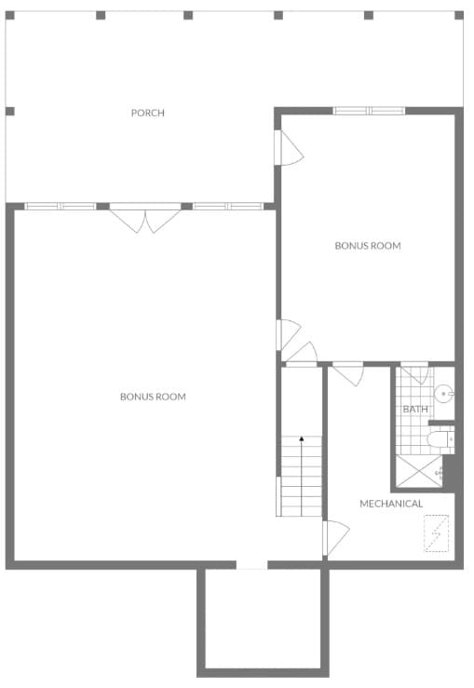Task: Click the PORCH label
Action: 147,113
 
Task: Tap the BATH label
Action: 414,409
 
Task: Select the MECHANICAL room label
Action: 391,504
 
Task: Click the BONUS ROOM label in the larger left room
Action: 153,397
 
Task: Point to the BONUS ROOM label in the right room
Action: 368,246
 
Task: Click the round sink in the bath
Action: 444,394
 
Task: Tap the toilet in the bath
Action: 439,440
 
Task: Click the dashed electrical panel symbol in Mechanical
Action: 436,534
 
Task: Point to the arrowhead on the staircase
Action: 302,438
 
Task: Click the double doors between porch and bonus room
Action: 145,218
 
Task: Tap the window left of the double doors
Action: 61,206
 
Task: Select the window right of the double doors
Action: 228,206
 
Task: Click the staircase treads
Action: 302,479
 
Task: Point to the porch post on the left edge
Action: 9,112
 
